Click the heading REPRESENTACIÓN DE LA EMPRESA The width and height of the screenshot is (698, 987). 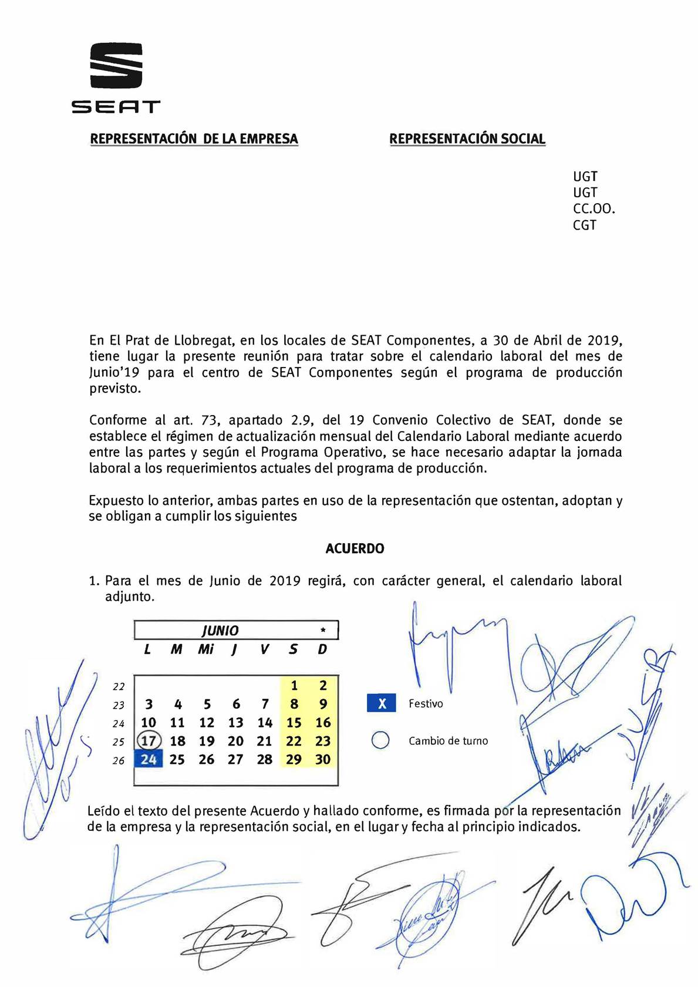[x=194, y=139]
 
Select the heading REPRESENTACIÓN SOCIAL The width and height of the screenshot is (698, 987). [x=467, y=139]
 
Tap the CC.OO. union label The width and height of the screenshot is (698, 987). [x=594, y=209]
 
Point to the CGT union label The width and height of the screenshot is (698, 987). [x=584, y=225]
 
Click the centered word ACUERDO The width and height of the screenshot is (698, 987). [x=355, y=548]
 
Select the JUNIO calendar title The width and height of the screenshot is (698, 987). [x=220, y=631]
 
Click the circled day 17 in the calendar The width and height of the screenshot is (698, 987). [x=149, y=741]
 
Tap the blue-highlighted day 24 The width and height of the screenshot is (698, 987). [x=149, y=759]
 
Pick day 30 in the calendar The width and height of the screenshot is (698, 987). [x=323, y=759]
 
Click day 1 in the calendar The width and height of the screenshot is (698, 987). [x=294, y=685]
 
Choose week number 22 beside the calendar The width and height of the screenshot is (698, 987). [x=119, y=686]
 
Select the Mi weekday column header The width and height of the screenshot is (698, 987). [x=205, y=649]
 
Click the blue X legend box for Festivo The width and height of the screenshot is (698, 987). [x=382, y=703]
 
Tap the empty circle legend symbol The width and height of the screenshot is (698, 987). [x=380, y=740]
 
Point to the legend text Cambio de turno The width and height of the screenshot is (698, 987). [x=448, y=741]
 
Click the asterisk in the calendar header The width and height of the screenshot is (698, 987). [x=323, y=631]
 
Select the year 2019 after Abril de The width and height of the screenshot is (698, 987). [x=603, y=341]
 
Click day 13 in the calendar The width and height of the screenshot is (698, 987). [x=235, y=723]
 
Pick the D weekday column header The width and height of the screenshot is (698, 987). [x=322, y=649]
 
